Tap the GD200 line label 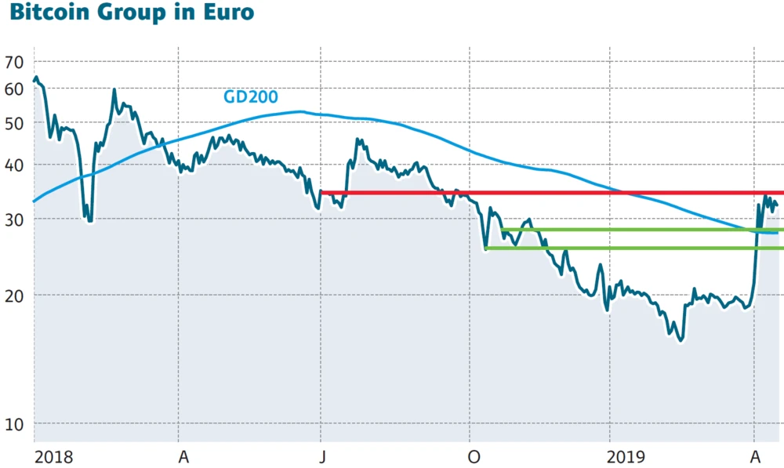(x=252, y=97)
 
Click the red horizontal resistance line (x=549, y=192)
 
